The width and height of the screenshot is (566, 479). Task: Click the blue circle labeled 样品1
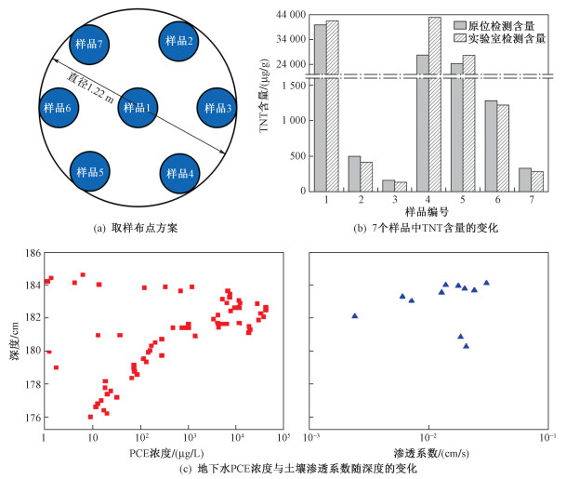(138, 108)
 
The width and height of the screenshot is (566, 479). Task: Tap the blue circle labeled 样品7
(89, 45)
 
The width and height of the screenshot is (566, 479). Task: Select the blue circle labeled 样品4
(179, 173)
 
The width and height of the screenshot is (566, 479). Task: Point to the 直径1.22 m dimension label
(90, 87)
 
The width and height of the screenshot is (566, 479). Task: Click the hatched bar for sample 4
(435, 104)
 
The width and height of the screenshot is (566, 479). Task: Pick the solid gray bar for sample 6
(491, 146)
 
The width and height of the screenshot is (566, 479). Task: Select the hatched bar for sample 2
(366, 177)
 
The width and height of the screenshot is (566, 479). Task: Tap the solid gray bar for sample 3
(388, 185)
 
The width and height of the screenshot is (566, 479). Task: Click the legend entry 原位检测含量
(494, 26)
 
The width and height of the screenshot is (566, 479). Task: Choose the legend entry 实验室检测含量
(500, 38)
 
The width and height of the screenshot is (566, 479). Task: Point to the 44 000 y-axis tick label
(291, 15)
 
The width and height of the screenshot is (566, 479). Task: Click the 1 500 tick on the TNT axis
(294, 86)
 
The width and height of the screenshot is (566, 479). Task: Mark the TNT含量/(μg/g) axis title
(265, 96)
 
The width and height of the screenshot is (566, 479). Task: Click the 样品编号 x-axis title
(427, 212)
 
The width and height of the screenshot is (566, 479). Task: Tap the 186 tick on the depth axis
(33, 252)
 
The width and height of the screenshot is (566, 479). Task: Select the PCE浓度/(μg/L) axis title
(166, 453)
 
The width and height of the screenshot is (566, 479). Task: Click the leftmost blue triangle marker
(354, 315)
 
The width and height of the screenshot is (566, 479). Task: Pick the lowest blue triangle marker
(466, 346)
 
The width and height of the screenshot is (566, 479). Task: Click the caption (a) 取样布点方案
(136, 228)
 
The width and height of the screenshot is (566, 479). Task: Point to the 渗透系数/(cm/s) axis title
(431, 453)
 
